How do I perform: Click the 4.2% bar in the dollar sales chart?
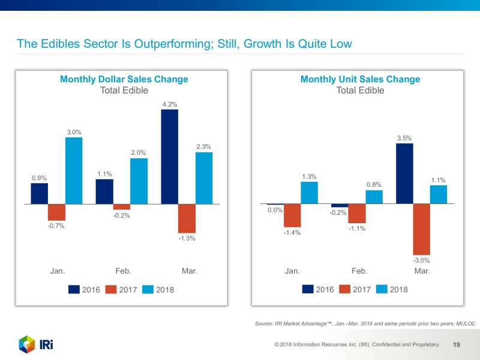(170, 157)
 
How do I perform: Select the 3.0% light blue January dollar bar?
(74, 171)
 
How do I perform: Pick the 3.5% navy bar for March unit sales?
(405, 174)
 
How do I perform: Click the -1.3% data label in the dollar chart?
(187, 239)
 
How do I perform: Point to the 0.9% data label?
(39, 178)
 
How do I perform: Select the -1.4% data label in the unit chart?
(292, 233)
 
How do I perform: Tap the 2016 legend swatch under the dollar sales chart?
(74, 290)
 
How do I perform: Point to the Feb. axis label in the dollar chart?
(123, 271)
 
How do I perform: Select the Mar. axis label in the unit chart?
(422, 271)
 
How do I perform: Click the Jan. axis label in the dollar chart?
(57, 271)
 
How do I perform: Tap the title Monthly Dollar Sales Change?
(124, 79)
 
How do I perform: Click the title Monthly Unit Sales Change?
(360, 79)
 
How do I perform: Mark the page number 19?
(456, 345)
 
